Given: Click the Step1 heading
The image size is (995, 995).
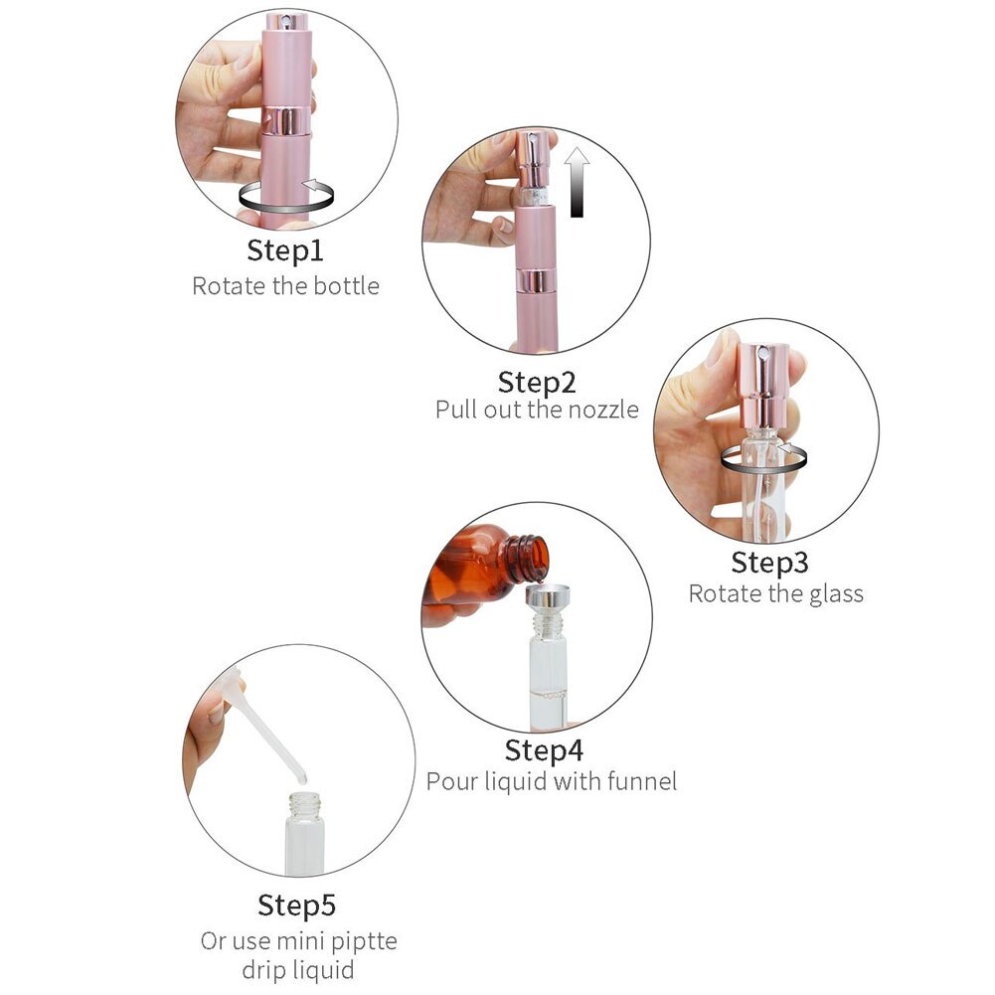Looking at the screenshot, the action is click(285, 250).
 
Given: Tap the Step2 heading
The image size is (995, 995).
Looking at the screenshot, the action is click(537, 383).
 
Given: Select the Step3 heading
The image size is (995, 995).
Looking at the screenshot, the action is click(769, 563).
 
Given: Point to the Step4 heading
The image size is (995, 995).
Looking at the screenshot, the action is click(544, 750).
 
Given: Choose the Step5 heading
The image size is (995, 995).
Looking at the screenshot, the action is click(296, 906).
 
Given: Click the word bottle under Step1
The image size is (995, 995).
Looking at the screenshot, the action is click(347, 285).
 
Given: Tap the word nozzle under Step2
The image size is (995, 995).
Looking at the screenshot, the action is click(602, 410).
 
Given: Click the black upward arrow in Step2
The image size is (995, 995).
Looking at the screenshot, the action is click(577, 182).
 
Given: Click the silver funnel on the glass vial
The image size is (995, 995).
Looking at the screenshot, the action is click(547, 599).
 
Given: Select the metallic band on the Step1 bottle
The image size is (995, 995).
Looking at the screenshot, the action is click(286, 120).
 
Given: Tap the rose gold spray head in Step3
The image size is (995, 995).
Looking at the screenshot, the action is click(763, 386).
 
